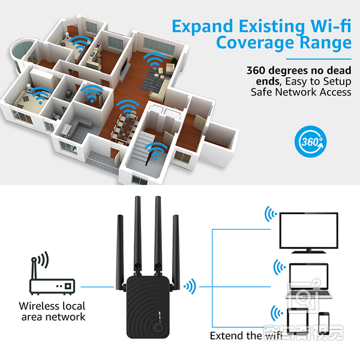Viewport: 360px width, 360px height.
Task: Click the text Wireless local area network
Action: click(x=52, y=311)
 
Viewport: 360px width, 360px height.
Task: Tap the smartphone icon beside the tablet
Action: click(x=324, y=321)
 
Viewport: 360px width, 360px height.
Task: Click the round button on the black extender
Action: click(x=158, y=329)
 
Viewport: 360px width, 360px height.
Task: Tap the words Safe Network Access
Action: click(x=301, y=92)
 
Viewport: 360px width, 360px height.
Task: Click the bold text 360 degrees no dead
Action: click(x=298, y=70)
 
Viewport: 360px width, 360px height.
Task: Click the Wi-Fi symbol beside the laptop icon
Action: click(x=277, y=266)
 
